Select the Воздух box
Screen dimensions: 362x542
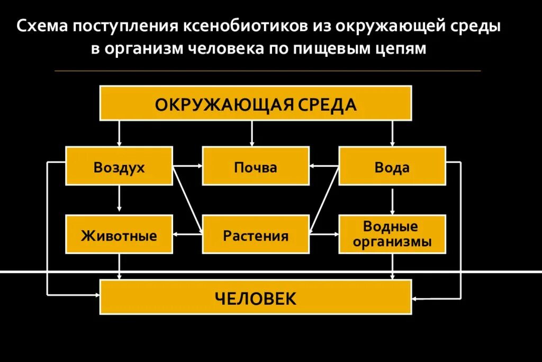click(119, 166)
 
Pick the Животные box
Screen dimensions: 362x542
click(119, 234)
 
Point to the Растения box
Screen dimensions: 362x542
click(256, 234)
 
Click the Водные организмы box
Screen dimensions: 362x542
click(392, 234)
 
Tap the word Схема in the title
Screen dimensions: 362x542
click(42, 26)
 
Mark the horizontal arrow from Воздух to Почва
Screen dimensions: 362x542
click(188, 166)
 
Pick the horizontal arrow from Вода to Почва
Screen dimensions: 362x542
click(324, 166)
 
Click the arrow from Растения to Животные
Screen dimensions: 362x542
click(188, 234)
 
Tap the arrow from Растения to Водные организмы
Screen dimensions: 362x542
click(324, 234)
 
